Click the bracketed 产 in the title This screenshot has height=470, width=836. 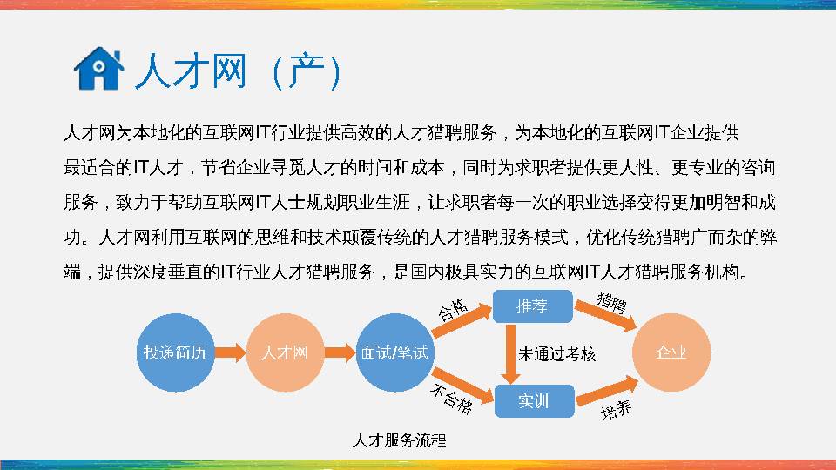tap(306, 72)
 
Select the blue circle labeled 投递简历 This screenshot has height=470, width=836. tap(175, 352)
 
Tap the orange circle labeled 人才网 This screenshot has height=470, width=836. tap(285, 352)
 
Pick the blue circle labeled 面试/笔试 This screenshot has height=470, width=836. tap(394, 352)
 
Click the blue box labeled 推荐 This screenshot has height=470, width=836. tap(533, 305)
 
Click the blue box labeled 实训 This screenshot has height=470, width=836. tap(533, 400)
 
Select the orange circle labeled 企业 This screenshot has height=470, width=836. tap(671, 352)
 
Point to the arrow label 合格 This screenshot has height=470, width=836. tap(452, 309)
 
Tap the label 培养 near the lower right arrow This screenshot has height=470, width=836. tap(617, 408)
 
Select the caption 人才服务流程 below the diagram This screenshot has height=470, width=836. tap(399, 440)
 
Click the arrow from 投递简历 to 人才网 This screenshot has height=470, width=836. tap(230, 352)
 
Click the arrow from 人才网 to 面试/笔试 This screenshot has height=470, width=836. tap(340, 352)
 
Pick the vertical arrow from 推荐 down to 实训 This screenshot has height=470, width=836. tap(509, 352)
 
